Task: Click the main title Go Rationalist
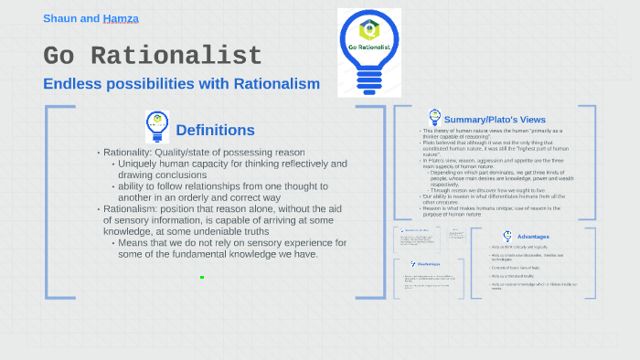pyautogui.click(x=153, y=56)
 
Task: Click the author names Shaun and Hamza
pyautogui.click(x=91, y=18)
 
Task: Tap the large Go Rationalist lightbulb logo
pyautogui.click(x=368, y=52)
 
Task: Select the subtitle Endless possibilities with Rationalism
pyautogui.click(x=181, y=84)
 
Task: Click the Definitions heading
pyautogui.click(x=215, y=130)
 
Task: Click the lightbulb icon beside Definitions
pyautogui.click(x=157, y=126)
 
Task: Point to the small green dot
pyautogui.click(x=202, y=277)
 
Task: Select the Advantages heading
pyautogui.click(x=533, y=237)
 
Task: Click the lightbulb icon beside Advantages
pyautogui.click(x=507, y=236)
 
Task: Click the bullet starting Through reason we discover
pyautogui.click(x=494, y=189)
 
